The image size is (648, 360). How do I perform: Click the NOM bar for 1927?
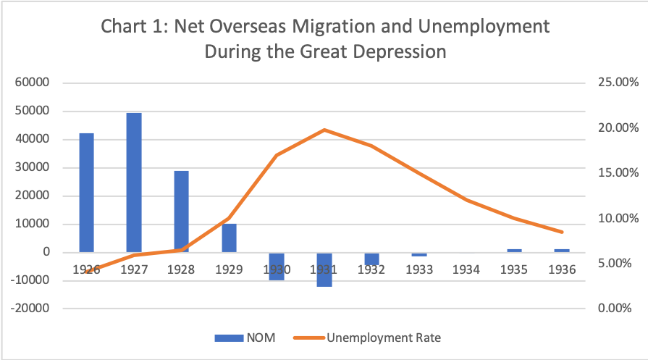[134, 182]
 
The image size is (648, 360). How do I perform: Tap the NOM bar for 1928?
[181, 211]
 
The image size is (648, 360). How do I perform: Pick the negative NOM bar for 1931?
[324, 269]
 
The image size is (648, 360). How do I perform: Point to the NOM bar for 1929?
[229, 238]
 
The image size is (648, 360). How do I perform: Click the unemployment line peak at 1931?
[324, 130]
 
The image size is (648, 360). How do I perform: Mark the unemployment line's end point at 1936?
[562, 232]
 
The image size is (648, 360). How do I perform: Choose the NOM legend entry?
[246, 337]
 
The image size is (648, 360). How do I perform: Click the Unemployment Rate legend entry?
[369, 337]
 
